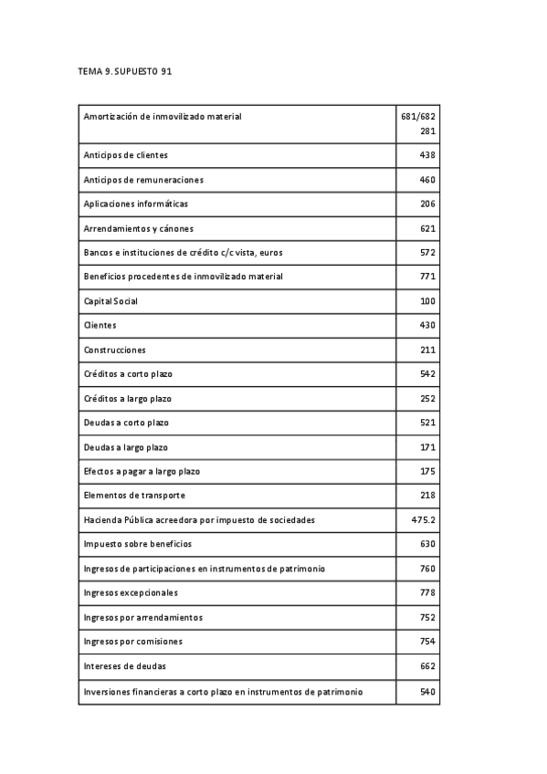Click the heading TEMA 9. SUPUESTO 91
125,70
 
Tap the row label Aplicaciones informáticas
135,204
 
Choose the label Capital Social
110,301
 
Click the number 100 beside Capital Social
427,301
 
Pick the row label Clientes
100,326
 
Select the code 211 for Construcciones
427,350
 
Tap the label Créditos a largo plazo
127,399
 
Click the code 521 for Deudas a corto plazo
427,423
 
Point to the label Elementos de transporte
134,496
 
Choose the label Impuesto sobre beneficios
138,544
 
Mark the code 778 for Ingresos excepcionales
427,592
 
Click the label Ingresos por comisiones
132,642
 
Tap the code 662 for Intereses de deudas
427,666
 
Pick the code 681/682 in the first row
418,117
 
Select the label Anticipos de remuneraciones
143,180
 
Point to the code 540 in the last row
427,692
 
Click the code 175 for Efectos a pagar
427,471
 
